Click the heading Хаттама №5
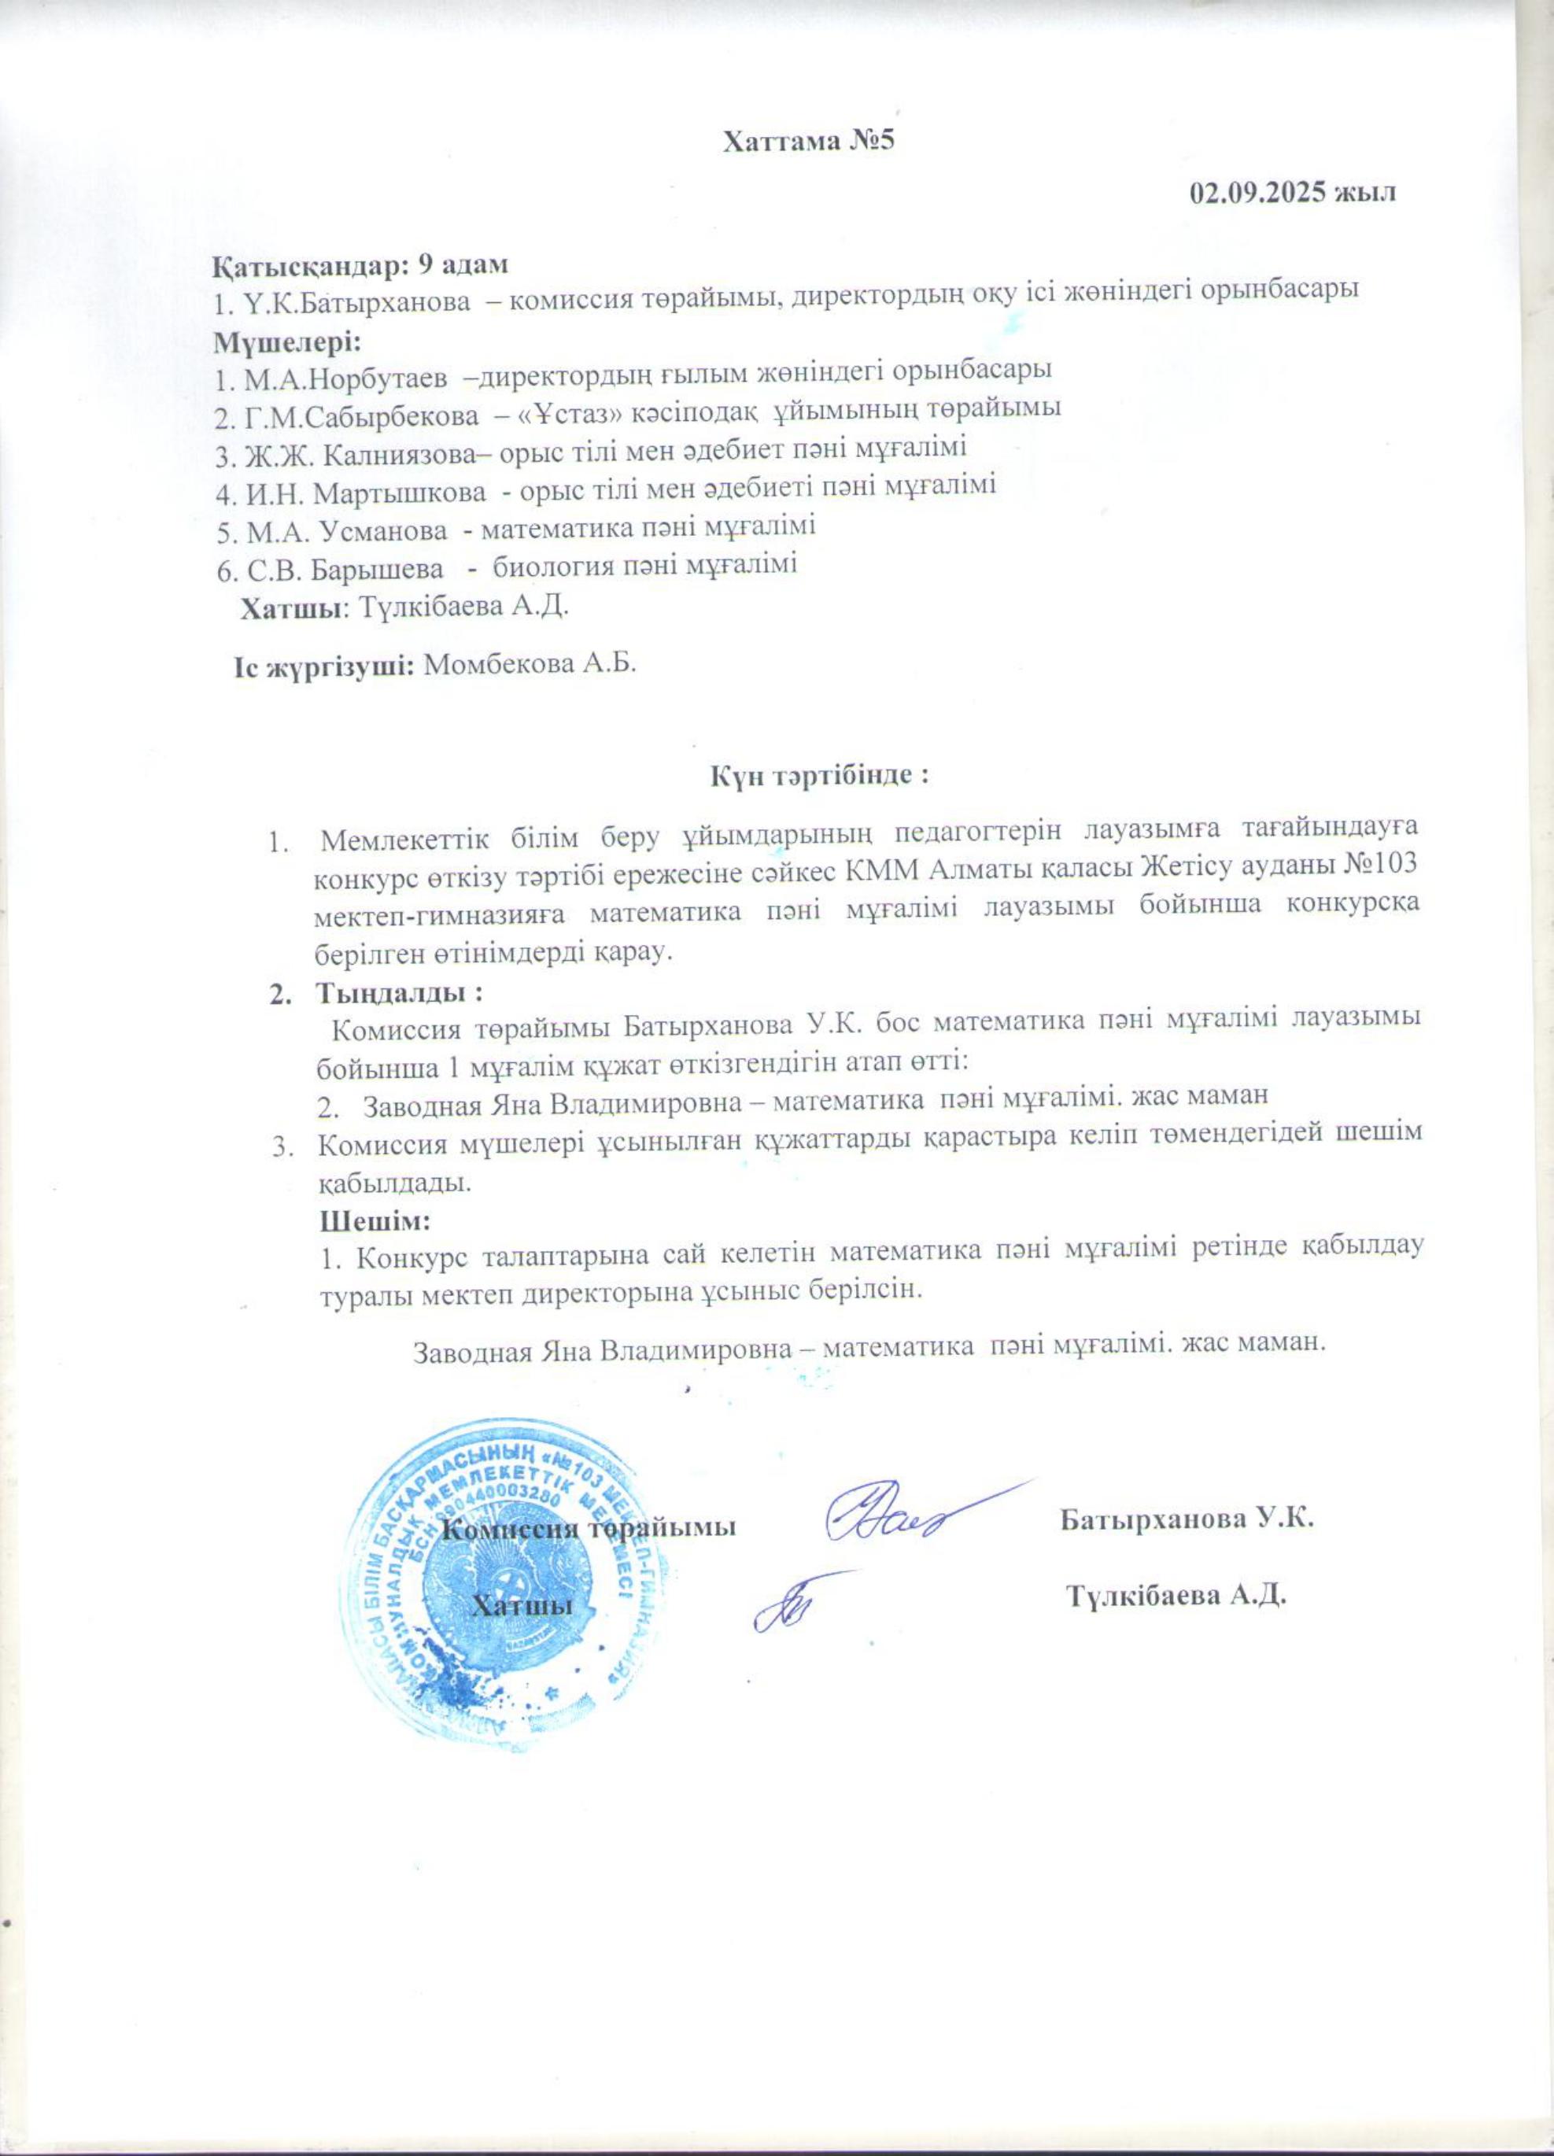810,142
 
